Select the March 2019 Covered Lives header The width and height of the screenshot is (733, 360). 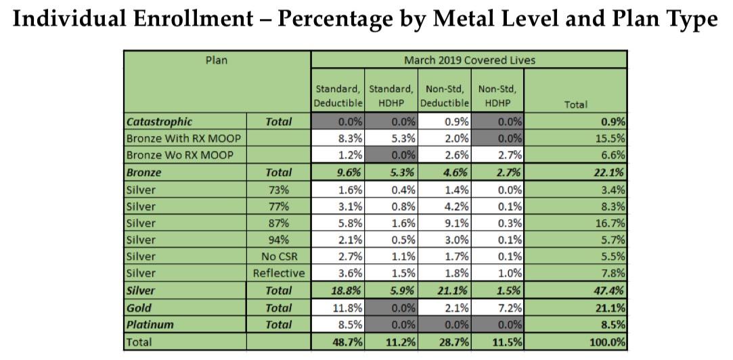point(469,60)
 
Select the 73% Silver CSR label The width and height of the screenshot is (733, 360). point(278,189)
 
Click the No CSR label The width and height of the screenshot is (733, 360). point(278,257)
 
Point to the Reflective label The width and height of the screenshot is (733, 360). point(278,274)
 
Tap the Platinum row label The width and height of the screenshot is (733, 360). point(150,325)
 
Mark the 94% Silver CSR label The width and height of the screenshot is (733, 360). point(278,240)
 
